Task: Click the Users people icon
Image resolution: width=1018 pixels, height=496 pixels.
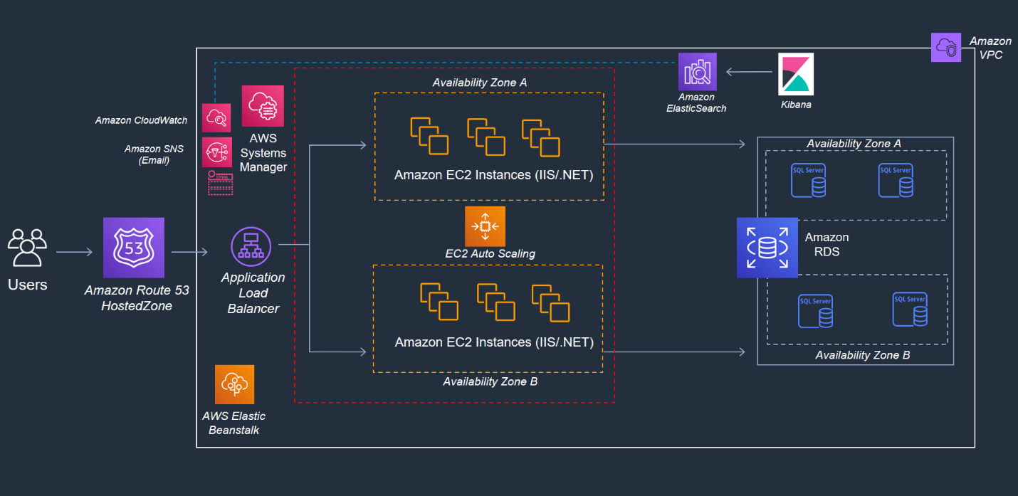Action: coord(28,248)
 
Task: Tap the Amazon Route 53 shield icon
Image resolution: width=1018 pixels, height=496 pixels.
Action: coord(134,248)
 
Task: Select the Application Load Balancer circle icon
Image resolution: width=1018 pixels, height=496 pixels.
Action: coord(251,246)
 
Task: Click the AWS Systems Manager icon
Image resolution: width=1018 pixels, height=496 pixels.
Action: coord(263,106)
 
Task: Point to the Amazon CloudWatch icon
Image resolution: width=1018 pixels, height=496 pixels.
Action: coord(216,118)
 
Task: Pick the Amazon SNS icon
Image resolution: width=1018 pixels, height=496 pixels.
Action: coord(216,152)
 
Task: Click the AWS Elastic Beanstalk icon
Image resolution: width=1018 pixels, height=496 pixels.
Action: coord(235,385)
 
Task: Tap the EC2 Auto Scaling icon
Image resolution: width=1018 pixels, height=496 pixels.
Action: coord(485,226)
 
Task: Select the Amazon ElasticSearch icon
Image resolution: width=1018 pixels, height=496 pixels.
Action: coord(697,72)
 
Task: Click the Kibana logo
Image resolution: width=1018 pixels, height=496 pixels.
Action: coord(794,74)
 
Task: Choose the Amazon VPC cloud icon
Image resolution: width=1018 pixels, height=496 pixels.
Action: coord(946,48)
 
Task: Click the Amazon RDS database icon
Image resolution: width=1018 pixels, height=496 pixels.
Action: coord(767,248)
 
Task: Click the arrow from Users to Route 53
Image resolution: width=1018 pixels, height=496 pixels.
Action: coord(74,252)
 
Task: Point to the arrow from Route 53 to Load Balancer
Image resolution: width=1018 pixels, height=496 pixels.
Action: coord(189,252)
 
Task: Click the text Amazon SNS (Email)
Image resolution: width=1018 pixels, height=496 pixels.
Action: coord(147,154)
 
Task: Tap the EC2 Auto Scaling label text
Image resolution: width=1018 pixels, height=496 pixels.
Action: coord(490,253)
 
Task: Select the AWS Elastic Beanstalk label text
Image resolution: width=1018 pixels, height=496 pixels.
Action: coord(234,423)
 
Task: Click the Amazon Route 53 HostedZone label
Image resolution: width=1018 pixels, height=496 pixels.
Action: coord(137,298)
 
